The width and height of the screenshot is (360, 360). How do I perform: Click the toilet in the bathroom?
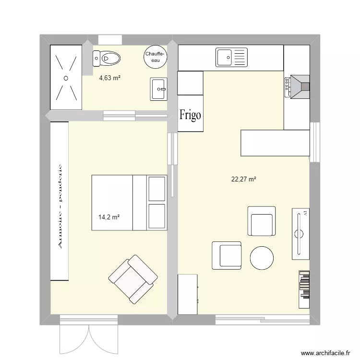(107, 59)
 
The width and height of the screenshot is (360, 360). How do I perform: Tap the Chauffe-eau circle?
(155, 57)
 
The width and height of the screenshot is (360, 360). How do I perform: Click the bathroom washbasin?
(158, 89)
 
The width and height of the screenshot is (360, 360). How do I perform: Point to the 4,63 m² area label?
(109, 77)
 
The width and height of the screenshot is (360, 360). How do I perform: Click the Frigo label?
(190, 115)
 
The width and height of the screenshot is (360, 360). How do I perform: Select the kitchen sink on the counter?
(231, 58)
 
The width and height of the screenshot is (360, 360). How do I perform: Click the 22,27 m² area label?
(243, 180)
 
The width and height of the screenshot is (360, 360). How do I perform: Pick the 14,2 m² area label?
(109, 216)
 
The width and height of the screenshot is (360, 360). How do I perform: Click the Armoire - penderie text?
(60, 206)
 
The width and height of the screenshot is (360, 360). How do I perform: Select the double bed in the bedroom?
(129, 203)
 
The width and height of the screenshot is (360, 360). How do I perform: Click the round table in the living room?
(262, 258)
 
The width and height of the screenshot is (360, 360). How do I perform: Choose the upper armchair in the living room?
(262, 221)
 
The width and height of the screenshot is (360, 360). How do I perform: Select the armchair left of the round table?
(227, 255)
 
